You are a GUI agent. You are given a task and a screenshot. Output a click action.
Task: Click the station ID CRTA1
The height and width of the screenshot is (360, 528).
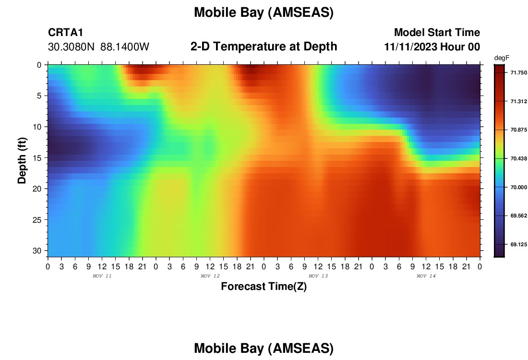65,33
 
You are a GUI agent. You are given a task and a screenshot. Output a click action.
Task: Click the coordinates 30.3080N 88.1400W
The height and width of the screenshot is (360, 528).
98,47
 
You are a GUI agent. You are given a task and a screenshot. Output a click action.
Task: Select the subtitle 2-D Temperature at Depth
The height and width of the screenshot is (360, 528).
264,47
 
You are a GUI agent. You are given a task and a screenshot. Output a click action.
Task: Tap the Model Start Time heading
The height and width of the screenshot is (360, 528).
437,32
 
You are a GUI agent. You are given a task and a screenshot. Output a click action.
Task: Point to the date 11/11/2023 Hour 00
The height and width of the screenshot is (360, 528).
432,47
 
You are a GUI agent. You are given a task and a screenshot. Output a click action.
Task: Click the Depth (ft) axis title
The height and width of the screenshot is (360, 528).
22,160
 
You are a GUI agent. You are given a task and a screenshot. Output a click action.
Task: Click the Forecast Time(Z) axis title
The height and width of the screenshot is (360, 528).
264,286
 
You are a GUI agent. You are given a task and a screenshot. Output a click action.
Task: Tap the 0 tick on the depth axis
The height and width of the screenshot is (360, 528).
39,65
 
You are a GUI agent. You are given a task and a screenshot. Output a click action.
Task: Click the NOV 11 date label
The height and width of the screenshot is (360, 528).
102,276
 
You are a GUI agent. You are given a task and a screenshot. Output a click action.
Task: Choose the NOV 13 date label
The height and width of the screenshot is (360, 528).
318,276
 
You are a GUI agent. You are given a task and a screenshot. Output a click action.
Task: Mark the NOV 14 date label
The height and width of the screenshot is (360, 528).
426,276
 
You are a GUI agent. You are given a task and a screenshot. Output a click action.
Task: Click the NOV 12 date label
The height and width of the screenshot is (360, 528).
210,276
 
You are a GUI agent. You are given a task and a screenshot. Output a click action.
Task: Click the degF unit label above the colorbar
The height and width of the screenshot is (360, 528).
502,58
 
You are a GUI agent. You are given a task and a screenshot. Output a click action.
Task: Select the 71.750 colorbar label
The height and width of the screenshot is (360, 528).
518,73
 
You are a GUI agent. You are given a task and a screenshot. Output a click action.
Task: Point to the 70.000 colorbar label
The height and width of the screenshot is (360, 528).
518,187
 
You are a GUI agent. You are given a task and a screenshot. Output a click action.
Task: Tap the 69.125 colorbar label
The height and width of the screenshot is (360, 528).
518,244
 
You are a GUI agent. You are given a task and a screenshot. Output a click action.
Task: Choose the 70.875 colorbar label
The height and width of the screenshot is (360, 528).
518,130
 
